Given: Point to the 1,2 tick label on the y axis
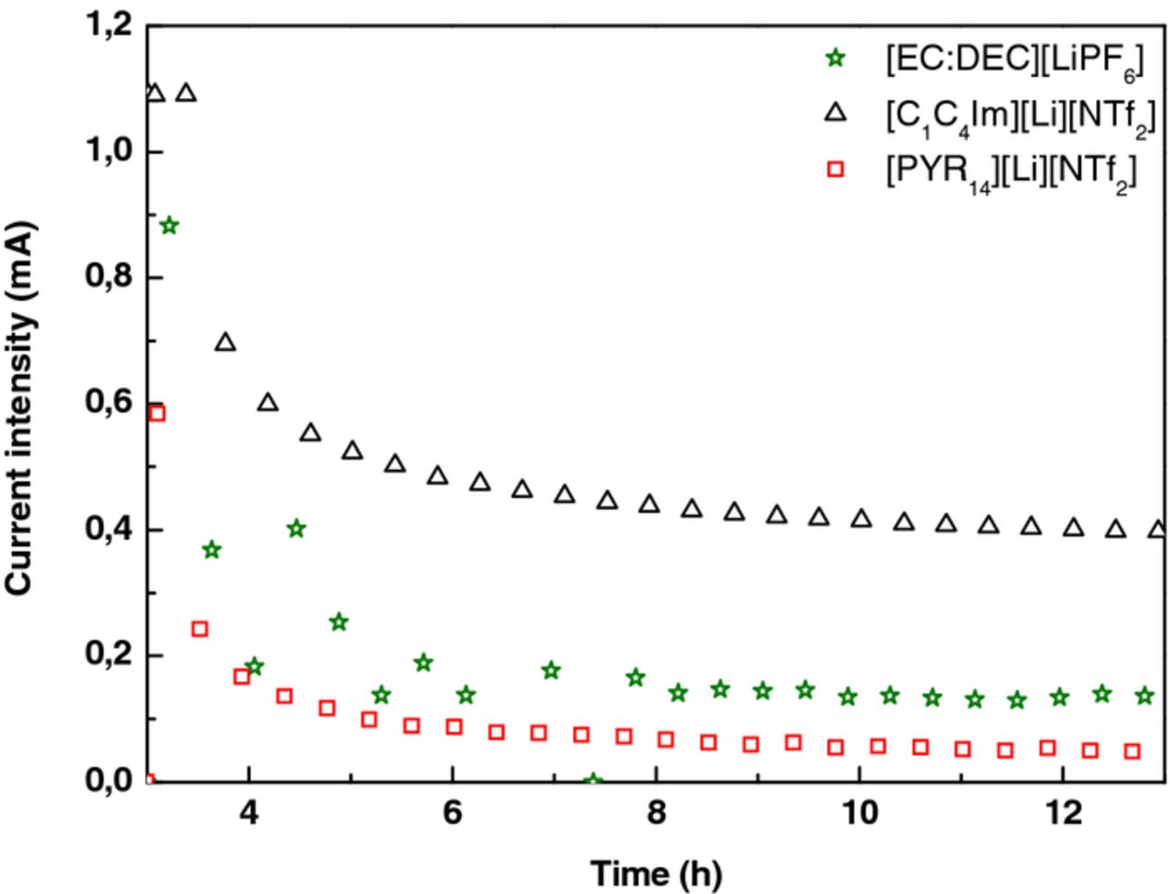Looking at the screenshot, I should point(109,27).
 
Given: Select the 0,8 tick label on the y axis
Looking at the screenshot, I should point(109,278).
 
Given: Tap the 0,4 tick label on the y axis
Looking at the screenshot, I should point(109,530).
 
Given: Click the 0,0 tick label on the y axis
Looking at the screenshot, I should point(109,782).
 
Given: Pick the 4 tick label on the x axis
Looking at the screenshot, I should point(248,814).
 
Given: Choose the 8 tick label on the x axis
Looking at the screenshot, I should point(655,814).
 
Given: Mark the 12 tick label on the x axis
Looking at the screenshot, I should point(1063,814).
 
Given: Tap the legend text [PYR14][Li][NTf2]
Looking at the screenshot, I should point(1010,171).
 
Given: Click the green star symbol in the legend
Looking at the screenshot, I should point(834,59).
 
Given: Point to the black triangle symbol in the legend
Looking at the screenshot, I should point(834,112).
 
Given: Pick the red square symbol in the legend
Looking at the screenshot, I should point(834,168).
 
